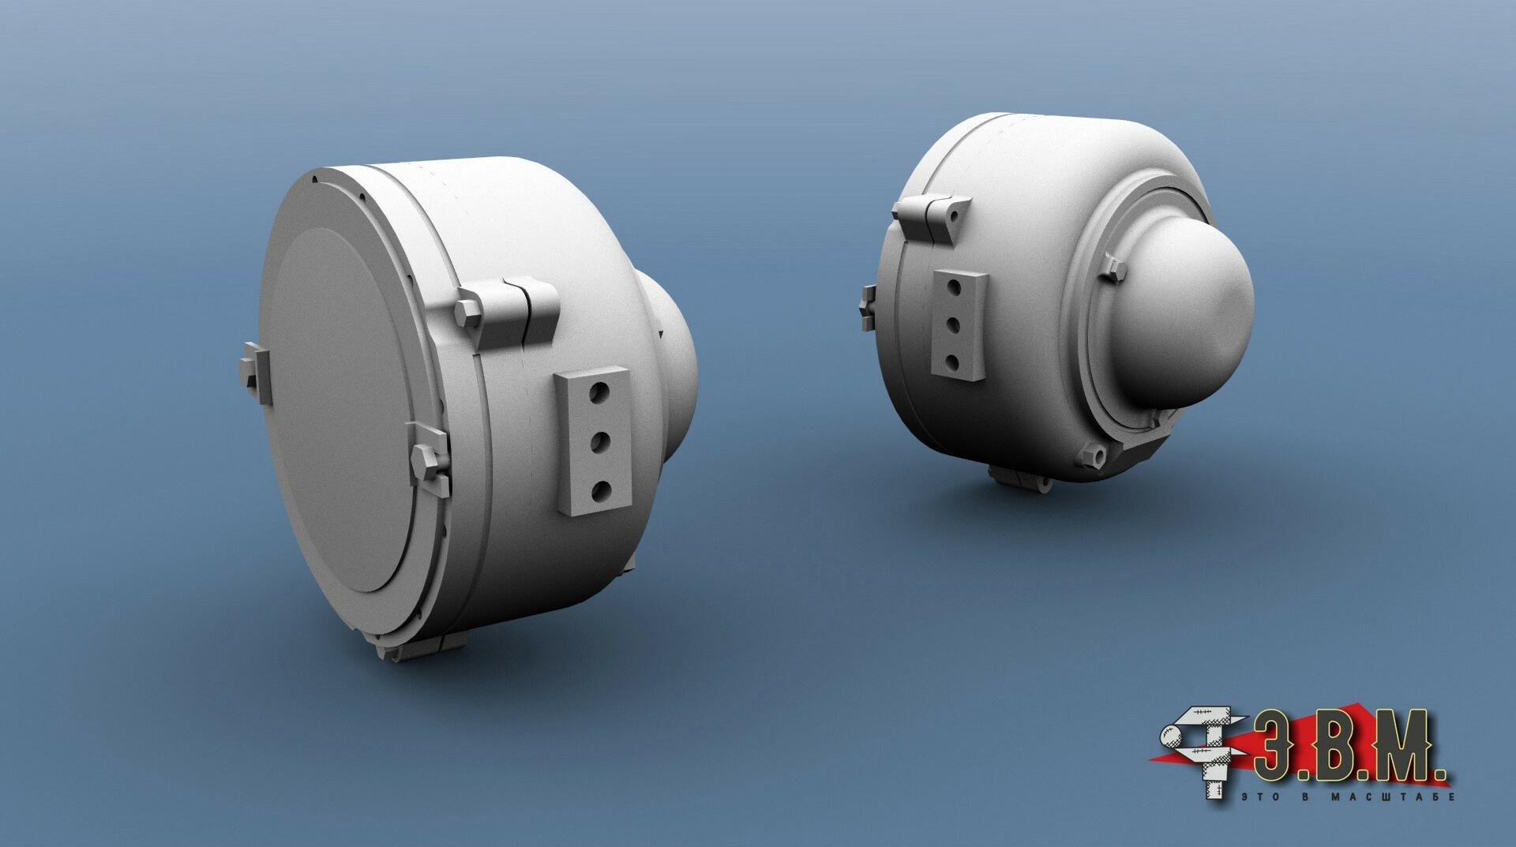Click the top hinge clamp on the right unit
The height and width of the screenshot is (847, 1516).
coord(932,213)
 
